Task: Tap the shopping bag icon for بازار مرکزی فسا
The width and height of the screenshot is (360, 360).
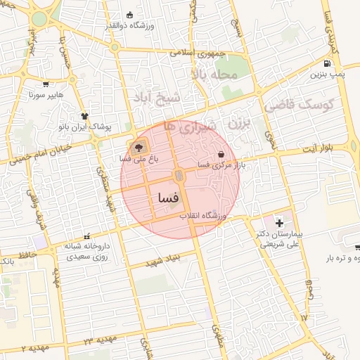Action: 221,154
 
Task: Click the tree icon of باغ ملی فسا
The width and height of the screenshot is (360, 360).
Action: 138,148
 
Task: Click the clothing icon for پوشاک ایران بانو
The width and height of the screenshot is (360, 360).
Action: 86,117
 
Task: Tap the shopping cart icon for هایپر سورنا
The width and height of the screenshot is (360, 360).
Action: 46,84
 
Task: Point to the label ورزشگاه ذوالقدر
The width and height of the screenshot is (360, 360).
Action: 129,26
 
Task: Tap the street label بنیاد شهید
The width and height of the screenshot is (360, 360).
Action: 162,262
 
